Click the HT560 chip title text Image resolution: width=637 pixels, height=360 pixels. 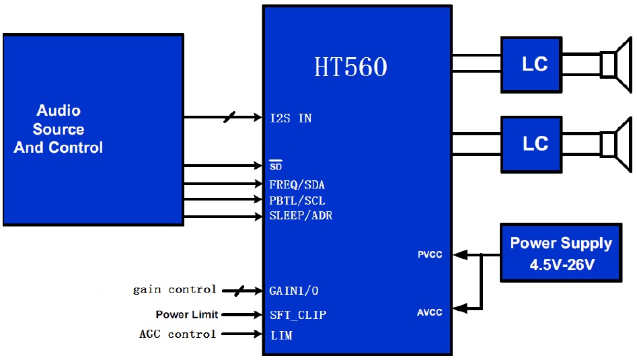tap(350, 67)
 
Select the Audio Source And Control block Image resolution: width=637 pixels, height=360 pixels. tap(93, 129)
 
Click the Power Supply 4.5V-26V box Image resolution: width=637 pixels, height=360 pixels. tap(561, 252)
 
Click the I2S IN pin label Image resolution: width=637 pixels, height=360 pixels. tap(291, 118)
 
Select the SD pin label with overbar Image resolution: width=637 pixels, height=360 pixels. tap(276, 166)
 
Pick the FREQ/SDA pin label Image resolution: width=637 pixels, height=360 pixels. tap(297, 184)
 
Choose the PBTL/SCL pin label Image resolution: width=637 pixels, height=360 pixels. tap(297, 201)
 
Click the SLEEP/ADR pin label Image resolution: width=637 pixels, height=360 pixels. tap(301, 216)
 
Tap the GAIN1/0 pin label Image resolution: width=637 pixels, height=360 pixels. tap(294, 291)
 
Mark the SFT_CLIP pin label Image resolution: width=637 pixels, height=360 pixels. tap(297, 315)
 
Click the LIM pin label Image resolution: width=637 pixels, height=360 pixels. tap(280, 334)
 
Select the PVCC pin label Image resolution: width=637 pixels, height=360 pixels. tap(430, 255)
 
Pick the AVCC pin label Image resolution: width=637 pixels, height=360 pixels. tap(430, 312)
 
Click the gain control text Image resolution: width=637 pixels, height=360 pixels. tap(175, 289)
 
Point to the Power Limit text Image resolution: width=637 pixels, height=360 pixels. tap(186, 314)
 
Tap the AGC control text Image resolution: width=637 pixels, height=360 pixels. tap(178, 334)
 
